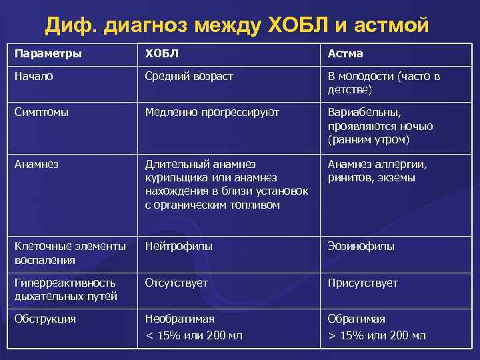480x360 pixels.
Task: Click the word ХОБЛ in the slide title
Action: coord(294,27)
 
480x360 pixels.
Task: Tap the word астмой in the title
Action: coord(390,27)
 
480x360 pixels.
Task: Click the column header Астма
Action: coord(345,53)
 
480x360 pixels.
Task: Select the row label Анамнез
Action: coord(36,164)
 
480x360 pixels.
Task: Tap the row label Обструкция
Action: coord(45,319)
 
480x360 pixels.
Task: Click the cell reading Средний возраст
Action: coord(189,76)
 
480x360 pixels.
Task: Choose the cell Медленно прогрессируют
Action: coord(212,113)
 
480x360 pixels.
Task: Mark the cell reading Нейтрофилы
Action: coord(179,246)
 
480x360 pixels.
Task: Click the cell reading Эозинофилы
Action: coord(361,246)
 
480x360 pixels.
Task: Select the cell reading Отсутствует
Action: coord(176,283)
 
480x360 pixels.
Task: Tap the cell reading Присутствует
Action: coord(363,283)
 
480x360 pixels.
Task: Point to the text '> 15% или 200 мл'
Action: coord(376,335)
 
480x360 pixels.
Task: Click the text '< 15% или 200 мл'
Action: coord(194,335)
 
